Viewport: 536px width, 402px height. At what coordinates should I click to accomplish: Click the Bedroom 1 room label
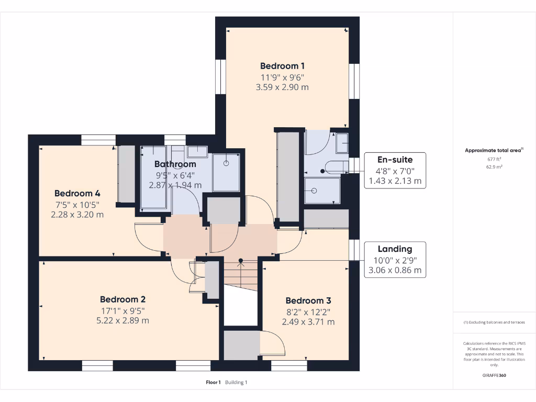click(x=282, y=66)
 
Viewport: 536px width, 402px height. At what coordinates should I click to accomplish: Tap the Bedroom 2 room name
click(x=122, y=299)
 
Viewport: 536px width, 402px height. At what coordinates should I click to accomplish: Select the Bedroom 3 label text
click(x=308, y=300)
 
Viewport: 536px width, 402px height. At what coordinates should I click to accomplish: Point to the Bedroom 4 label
click(x=77, y=193)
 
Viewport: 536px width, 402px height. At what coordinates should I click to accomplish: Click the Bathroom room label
click(x=175, y=164)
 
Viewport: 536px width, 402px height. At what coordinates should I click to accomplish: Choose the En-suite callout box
click(x=395, y=171)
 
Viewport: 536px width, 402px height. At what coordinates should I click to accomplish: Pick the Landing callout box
click(x=395, y=260)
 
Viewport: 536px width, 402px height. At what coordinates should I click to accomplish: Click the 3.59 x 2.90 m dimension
click(x=282, y=87)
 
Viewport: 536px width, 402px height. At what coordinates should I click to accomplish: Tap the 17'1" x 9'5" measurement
click(x=122, y=310)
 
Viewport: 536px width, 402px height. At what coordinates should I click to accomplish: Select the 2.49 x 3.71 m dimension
click(x=308, y=322)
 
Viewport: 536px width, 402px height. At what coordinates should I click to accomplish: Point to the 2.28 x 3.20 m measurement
click(x=77, y=214)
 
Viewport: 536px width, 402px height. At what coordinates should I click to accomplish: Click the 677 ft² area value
click(x=494, y=159)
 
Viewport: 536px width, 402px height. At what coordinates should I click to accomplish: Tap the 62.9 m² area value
click(x=494, y=167)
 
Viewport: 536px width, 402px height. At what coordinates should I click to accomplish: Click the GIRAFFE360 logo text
click(x=494, y=375)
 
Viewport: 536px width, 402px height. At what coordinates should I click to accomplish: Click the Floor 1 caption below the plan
click(x=214, y=383)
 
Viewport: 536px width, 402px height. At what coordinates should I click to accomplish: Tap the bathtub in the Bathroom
click(x=153, y=178)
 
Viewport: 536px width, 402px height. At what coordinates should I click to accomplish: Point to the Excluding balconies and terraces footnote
click(x=494, y=322)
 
